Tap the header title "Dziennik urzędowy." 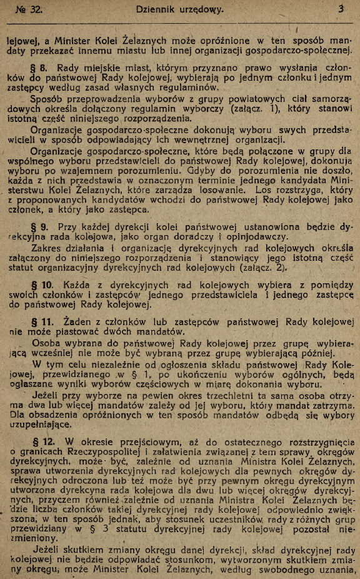(x=179, y=9)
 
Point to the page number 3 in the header (x=341, y=9)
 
